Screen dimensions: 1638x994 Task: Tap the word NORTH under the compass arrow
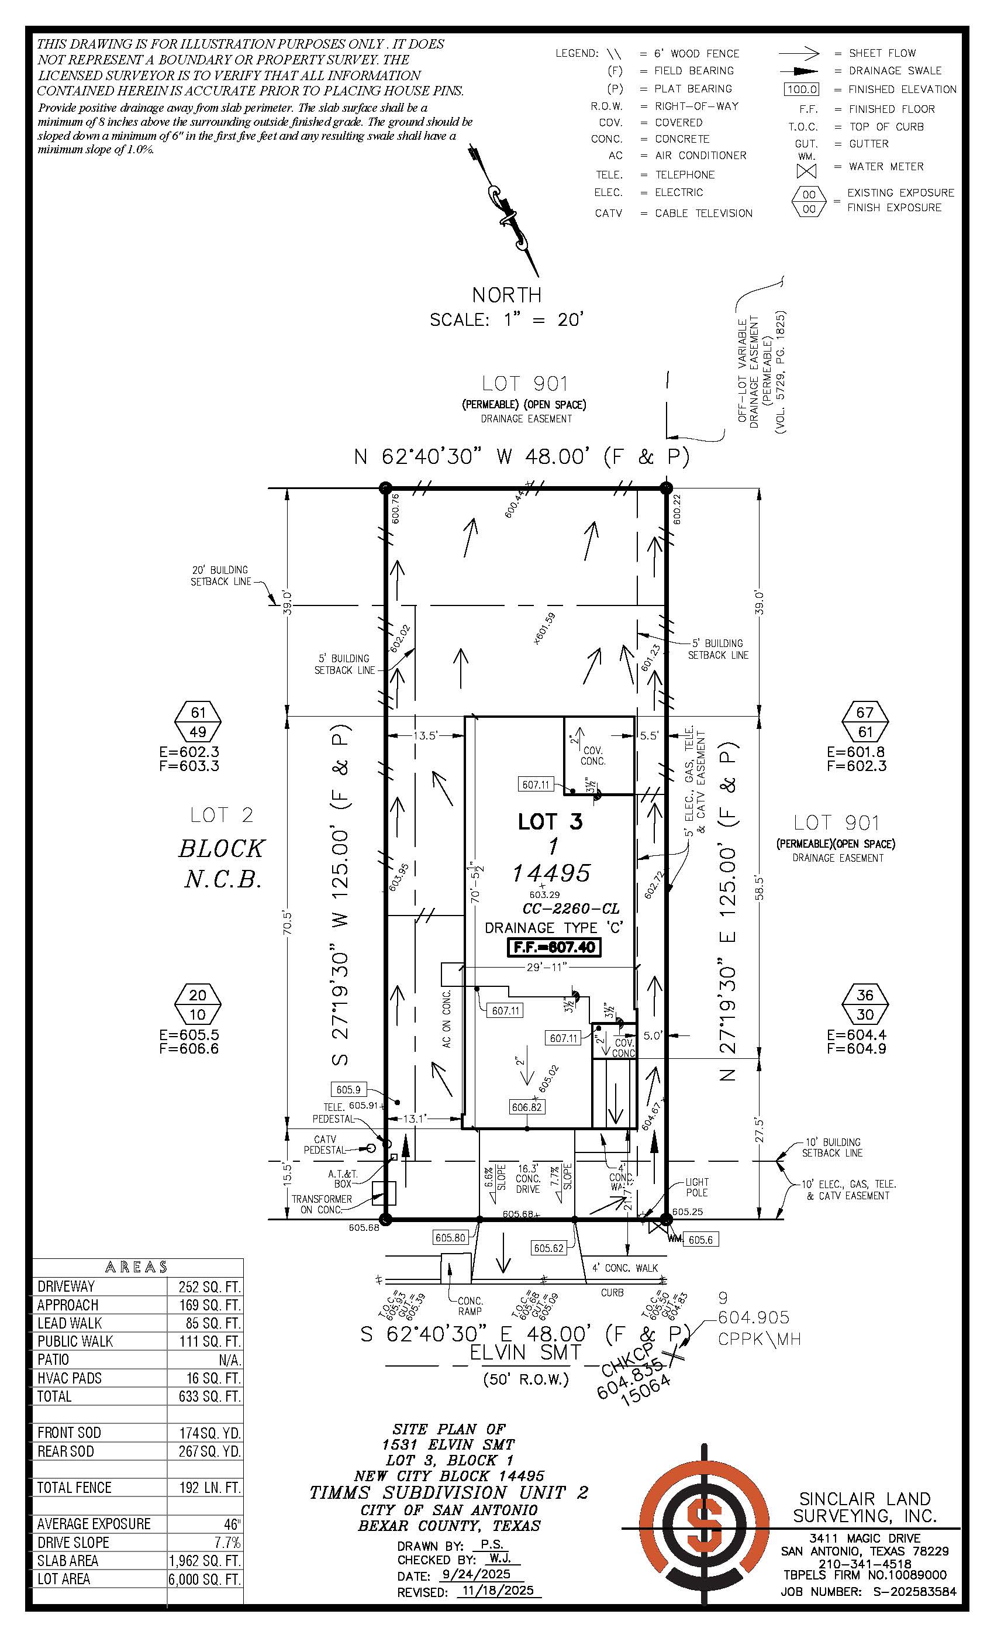[x=506, y=294]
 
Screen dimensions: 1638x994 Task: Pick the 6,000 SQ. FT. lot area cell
[x=205, y=1579]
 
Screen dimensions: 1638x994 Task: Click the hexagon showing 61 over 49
[x=198, y=722]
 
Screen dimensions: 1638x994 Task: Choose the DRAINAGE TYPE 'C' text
[x=554, y=927]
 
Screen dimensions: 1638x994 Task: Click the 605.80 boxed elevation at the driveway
[x=450, y=1237]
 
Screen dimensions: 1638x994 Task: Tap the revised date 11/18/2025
[x=499, y=1592]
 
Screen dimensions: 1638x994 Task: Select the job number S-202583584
[x=914, y=1591]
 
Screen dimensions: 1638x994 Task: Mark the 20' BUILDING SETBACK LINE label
[x=220, y=575]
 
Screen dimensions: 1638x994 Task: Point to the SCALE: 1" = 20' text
[x=506, y=320]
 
